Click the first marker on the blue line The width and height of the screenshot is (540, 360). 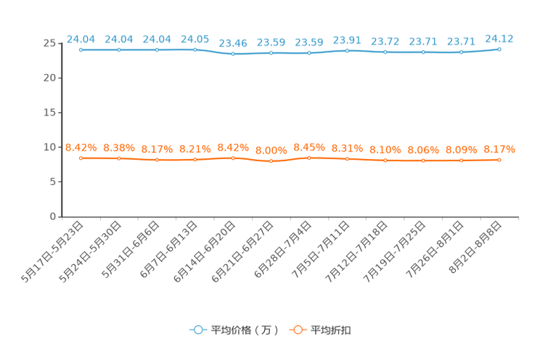(81, 50)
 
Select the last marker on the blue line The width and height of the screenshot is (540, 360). (499, 49)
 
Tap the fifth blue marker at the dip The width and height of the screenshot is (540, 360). (233, 54)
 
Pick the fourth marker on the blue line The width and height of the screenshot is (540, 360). (195, 49)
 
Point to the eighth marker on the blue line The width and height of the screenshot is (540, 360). (348, 51)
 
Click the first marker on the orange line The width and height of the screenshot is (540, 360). (81, 157)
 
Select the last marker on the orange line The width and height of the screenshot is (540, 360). (499, 160)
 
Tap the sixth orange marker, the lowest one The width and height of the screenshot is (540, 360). (271, 161)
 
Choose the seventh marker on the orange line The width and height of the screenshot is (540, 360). (309, 157)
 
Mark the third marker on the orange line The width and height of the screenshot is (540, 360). (157, 159)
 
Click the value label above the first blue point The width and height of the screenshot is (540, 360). (81, 38)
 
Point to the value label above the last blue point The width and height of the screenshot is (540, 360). (499, 37)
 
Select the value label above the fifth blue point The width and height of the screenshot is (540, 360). (233, 43)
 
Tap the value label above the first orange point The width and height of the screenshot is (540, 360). (81, 147)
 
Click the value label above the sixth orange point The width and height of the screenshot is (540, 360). (271, 150)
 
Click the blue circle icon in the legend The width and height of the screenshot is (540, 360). (197, 330)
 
